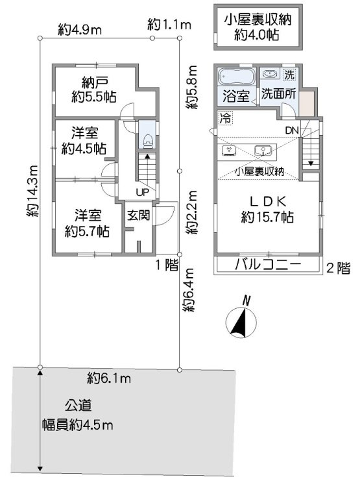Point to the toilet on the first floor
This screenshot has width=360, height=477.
147,138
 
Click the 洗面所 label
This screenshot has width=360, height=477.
278,94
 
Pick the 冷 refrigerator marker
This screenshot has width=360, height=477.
225,119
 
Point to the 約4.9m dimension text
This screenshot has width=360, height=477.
80,29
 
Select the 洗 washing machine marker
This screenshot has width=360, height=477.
288,74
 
